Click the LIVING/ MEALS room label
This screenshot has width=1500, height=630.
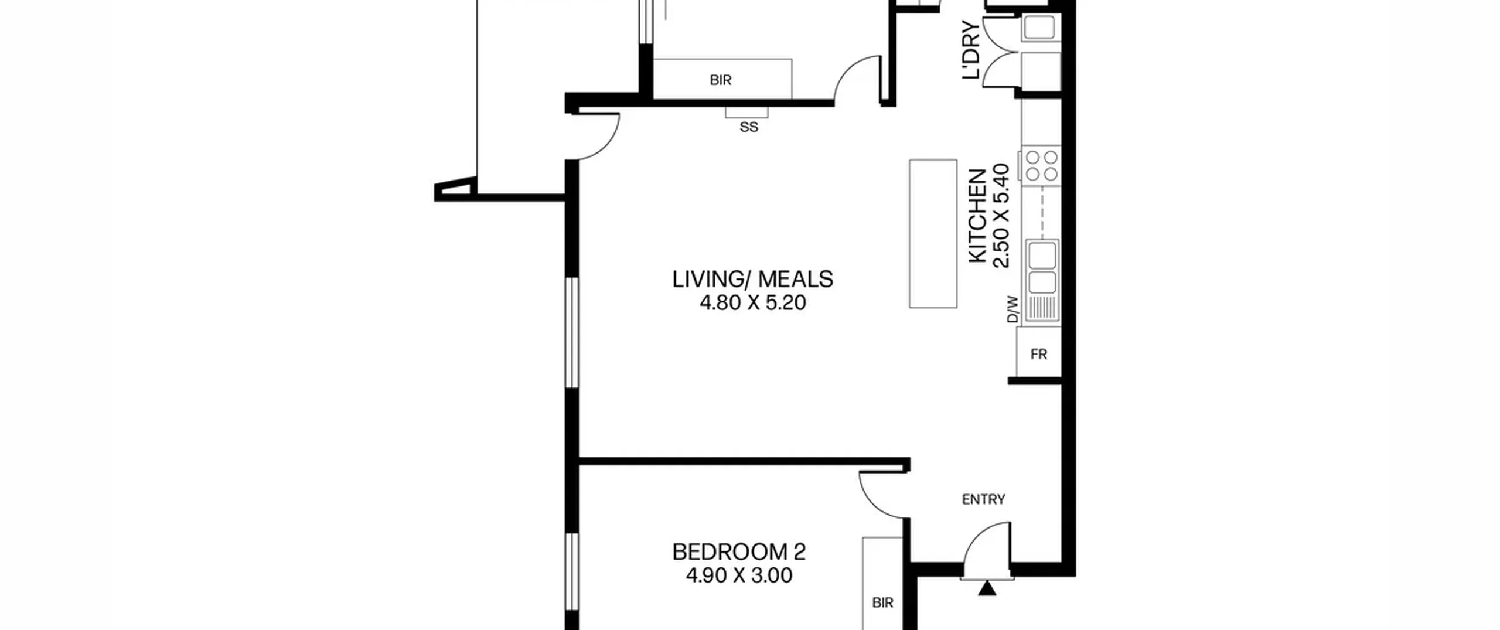[752, 279]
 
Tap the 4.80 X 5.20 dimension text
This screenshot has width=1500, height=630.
[752, 303]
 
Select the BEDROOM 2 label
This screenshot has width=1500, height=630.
[738, 552]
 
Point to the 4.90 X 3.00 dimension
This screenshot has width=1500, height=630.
[738, 575]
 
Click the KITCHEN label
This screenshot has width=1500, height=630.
[977, 216]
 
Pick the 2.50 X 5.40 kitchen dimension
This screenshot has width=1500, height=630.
[1001, 216]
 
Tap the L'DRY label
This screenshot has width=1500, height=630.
[970, 50]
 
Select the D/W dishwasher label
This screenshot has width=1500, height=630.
[1012, 310]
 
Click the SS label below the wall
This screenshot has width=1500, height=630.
[748, 127]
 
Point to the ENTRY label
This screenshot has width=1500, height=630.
[983, 499]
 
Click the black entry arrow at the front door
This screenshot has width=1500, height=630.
[987, 588]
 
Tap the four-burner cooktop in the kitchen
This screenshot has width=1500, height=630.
[1041, 165]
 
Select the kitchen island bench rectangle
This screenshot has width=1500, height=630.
[933, 233]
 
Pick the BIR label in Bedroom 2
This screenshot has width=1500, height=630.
[882, 602]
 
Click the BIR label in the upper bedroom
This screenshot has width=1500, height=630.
[720, 80]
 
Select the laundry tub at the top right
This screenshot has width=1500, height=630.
[1039, 28]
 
